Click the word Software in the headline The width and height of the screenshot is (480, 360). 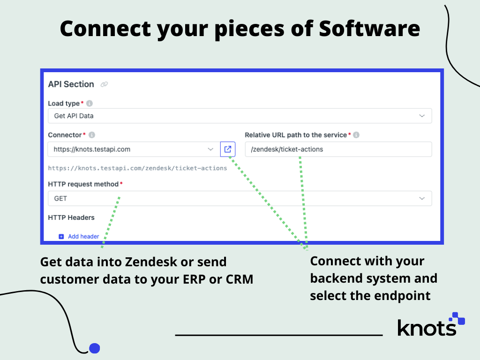(x=369, y=29)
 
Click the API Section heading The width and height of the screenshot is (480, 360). (x=71, y=84)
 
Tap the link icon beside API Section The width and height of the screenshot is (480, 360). (x=105, y=84)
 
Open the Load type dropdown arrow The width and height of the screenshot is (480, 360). (x=422, y=116)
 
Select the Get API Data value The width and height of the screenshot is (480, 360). (x=74, y=116)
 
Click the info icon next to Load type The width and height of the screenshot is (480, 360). (x=90, y=104)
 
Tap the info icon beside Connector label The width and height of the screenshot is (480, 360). (x=92, y=135)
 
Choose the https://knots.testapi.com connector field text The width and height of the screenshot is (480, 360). (x=92, y=150)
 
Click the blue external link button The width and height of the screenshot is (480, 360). (x=228, y=149)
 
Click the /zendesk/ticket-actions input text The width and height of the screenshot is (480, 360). (x=287, y=150)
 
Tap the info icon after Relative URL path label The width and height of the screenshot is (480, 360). (x=356, y=135)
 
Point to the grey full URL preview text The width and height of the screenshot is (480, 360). (x=137, y=168)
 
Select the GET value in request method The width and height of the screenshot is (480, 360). (x=60, y=198)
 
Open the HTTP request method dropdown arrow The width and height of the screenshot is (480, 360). (x=422, y=198)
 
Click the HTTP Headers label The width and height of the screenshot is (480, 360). (x=71, y=217)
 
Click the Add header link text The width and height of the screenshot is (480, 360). (x=83, y=236)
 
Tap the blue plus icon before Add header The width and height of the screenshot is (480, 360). (x=61, y=237)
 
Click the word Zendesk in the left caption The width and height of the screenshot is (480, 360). (x=151, y=262)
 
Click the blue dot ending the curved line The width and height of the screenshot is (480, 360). (x=95, y=348)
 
